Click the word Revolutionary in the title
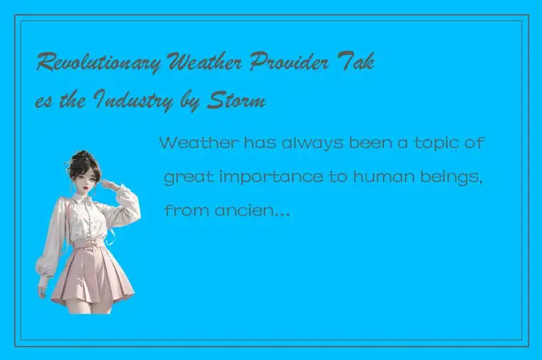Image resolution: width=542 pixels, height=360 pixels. [x=100, y=65]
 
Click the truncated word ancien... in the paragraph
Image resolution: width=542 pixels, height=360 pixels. [x=257, y=210]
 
